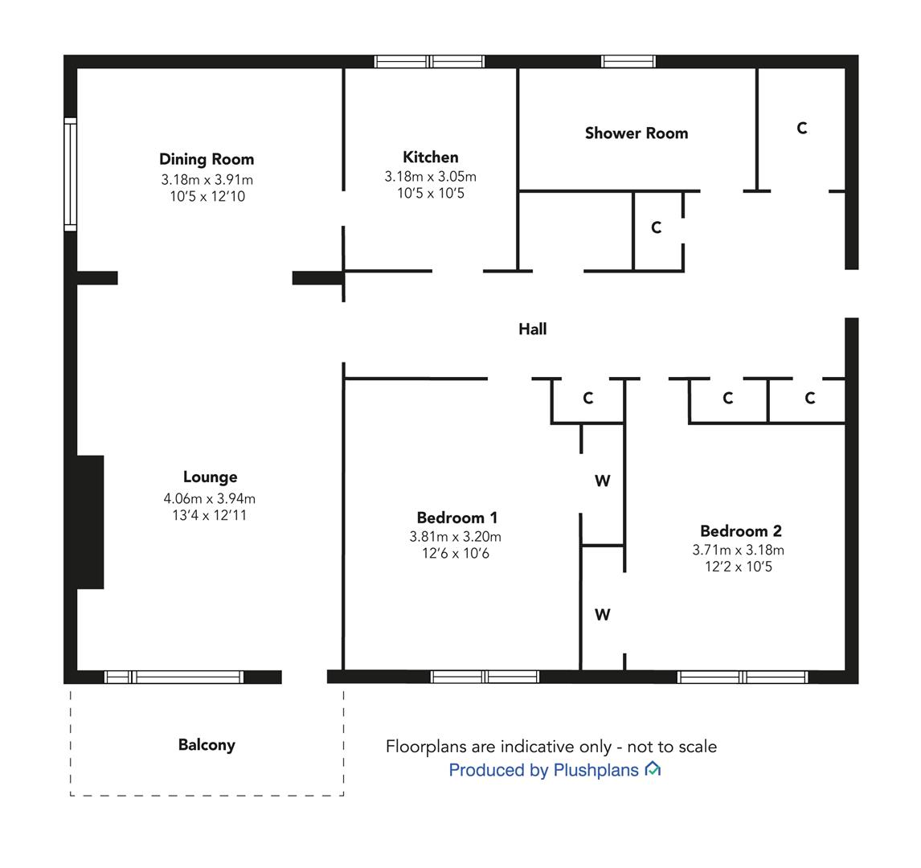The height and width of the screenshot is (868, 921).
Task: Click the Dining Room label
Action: coord(207,159)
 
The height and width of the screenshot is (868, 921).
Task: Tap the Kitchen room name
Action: coord(431,157)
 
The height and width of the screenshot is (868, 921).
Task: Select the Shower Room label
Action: coord(637,133)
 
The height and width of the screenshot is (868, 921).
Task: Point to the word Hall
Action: coord(533,329)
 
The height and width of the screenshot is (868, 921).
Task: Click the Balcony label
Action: coord(207,745)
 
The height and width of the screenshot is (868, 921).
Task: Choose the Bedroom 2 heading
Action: coord(741,531)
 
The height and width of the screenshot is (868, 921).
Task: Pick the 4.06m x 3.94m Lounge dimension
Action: coord(210,498)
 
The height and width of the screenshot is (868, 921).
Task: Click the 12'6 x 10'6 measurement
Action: coord(456,553)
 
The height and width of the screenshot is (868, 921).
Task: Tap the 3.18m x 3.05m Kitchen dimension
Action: coord(431,176)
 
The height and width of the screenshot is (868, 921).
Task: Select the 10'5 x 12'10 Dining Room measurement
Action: coord(207,196)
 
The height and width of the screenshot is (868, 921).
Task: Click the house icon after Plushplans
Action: coord(653,768)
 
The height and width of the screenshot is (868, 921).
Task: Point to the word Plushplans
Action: coord(596,770)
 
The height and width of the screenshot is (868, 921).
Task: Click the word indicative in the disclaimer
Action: coord(538,747)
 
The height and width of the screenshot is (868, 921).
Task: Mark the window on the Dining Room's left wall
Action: coord(71,174)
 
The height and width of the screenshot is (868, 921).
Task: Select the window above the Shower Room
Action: coord(628,62)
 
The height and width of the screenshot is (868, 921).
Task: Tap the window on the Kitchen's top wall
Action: coord(429,62)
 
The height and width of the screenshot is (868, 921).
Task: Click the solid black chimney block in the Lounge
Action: coord(91,522)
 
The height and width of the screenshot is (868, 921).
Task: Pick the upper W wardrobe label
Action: coord(602,481)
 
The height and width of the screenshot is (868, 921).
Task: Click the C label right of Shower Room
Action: coord(802,128)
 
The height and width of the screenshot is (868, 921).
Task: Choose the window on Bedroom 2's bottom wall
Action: coord(743,678)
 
